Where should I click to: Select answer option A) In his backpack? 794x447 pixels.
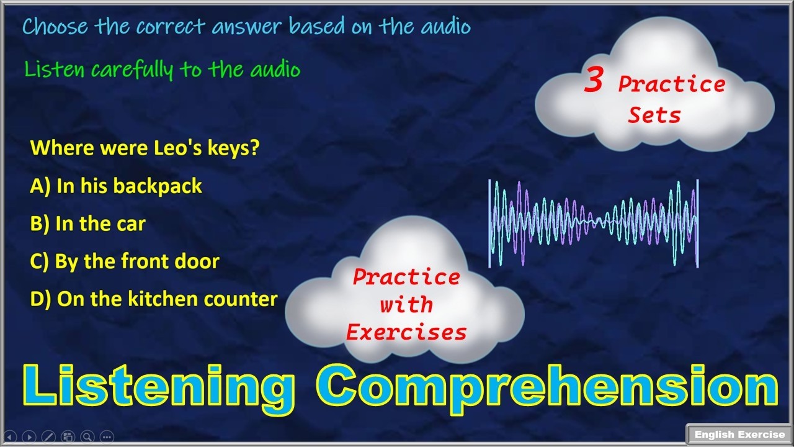(x=116, y=186)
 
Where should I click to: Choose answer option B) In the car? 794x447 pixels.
(x=87, y=223)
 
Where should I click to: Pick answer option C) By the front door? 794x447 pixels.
(x=125, y=261)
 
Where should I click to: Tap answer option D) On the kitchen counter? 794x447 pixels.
(x=154, y=299)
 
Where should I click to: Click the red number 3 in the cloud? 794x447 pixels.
(x=593, y=83)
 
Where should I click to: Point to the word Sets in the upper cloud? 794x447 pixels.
(x=654, y=115)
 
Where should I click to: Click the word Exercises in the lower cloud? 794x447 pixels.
(x=406, y=333)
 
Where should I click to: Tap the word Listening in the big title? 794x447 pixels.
(x=158, y=386)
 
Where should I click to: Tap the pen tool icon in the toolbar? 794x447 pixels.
(x=48, y=436)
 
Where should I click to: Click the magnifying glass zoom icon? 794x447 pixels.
(x=87, y=436)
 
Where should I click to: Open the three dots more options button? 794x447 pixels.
(x=107, y=436)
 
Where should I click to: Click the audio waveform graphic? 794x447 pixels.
(x=594, y=223)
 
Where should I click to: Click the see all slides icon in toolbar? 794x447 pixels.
(x=68, y=436)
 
